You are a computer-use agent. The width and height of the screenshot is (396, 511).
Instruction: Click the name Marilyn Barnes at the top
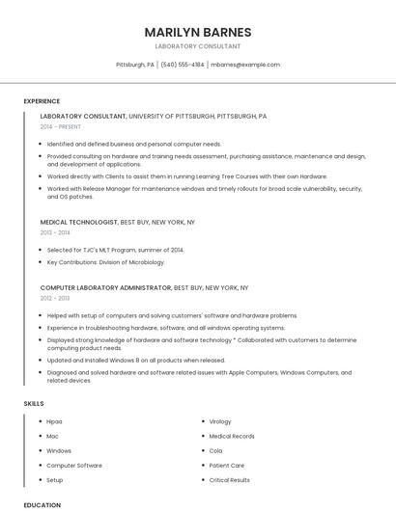coord(198,32)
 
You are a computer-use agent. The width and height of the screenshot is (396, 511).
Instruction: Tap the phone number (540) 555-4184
coord(182,65)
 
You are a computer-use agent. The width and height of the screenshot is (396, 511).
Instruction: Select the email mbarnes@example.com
coord(245,65)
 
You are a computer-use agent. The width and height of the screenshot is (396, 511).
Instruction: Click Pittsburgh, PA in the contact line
coord(135,65)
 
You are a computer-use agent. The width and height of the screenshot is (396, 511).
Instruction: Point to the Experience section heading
coord(42,101)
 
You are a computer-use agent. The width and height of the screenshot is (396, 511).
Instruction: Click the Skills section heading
coord(34,402)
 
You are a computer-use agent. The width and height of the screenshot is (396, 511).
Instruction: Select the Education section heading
coord(42,504)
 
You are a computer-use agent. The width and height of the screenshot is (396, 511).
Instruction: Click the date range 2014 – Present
coord(62,126)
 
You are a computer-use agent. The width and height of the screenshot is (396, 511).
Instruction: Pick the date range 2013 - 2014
coord(55,232)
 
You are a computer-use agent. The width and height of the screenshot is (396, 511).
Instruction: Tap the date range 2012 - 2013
coord(55,298)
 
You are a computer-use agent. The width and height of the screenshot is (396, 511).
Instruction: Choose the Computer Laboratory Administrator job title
coord(106,287)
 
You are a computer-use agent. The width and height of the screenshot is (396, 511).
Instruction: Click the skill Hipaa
coord(55,421)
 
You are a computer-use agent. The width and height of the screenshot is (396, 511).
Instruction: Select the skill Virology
coord(220,421)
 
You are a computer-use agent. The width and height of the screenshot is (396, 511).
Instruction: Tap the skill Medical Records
coord(232,436)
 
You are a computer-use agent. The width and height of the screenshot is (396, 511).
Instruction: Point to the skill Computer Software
coord(73,465)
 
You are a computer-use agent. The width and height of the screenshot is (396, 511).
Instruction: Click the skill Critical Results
coord(230,479)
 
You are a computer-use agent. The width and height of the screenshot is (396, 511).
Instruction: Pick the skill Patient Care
coord(227,465)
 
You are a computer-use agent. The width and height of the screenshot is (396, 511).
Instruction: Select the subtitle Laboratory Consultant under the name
coord(198,45)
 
